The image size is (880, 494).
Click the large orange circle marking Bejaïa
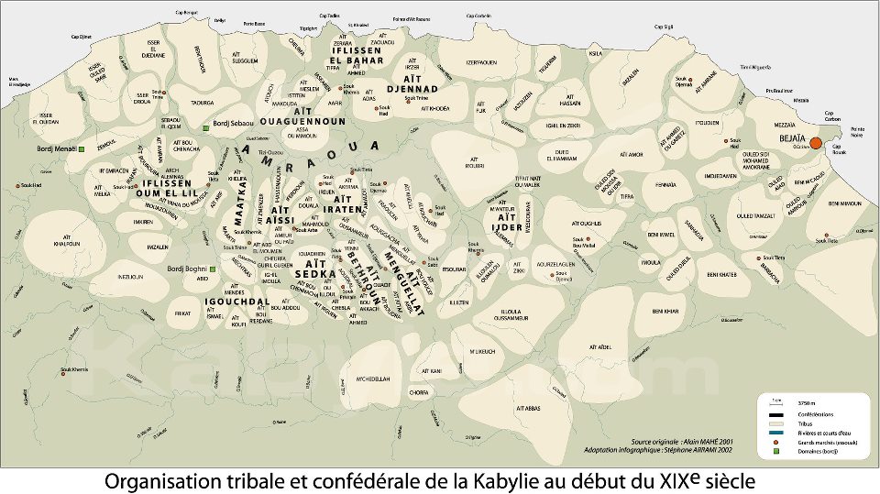[816, 143]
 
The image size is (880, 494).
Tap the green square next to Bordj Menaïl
[81, 148]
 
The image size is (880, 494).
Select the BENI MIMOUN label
[846, 203]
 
